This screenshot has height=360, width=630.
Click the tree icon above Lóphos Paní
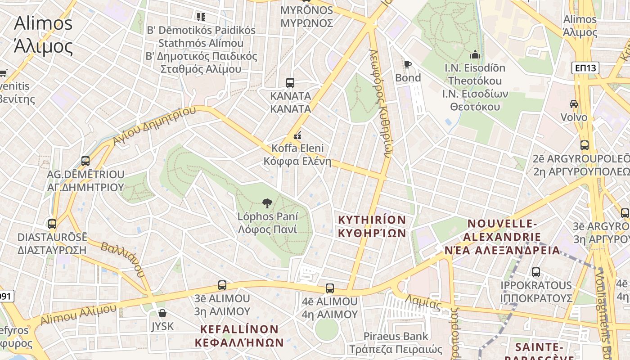pyautogui.click(x=267, y=203)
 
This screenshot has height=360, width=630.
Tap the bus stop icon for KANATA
pyautogui.click(x=290, y=83)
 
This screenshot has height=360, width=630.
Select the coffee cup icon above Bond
pyautogui.click(x=408, y=65)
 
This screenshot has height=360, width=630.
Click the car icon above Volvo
pyautogui.click(x=574, y=104)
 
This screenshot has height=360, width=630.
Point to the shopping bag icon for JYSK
pyautogui.click(x=162, y=313)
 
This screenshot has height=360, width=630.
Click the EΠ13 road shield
pyautogui.click(x=585, y=68)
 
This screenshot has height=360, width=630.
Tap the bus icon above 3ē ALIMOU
pyautogui.click(x=222, y=285)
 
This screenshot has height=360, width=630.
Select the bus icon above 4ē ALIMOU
pyautogui.click(x=330, y=288)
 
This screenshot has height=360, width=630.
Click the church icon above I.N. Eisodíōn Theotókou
pyautogui.click(x=475, y=55)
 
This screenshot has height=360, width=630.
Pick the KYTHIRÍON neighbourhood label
pyautogui.click(x=372, y=226)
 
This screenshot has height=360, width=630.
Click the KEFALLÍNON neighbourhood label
pyautogui.click(x=239, y=336)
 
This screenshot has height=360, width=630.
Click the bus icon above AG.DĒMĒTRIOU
pyautogui.click(x=85, y=161)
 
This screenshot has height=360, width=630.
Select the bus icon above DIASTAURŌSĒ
pyautogui.click(x=52, y=224)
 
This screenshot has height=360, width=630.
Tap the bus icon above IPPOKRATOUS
pyautogui.click(x=536, y=272)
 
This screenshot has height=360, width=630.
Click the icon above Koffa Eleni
pyautogui.click(x=297, y=135)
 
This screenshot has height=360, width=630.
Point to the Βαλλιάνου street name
pyautogui.click(x=123, y=260)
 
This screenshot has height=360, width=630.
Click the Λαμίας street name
pyautogui.click(x=423, y=303)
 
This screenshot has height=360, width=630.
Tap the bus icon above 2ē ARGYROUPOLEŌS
pyautogui.click(x=585, y=145)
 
